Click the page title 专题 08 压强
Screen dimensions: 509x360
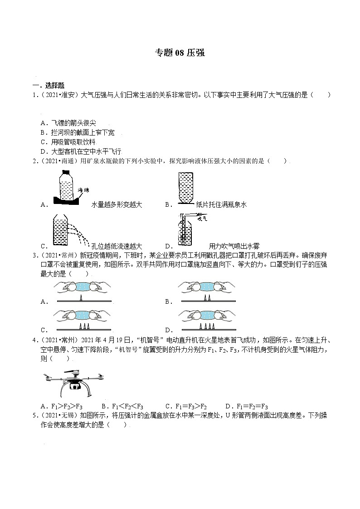[180, 53]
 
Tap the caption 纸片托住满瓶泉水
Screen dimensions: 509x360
[221, 204]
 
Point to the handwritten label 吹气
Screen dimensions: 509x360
[203, 218]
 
